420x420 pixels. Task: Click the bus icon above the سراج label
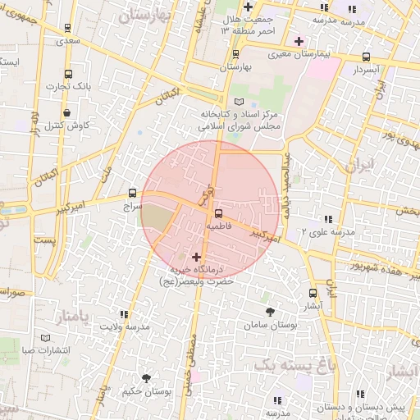pyautogui.click(x=131, y=193)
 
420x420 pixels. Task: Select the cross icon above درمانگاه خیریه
pyautogui.click(x=195, y=257)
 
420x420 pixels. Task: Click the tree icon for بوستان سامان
pyautogui.click(x=270, y=311)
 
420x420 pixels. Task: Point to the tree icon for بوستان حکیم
pyautogui.click(x=146, y=378)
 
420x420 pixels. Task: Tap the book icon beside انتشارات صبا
pyautogui.click(x=44, y=338)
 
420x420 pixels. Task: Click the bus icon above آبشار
pyautogui.click(x=313, y=293)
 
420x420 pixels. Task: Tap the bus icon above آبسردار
pyautogui.click(x=366, y=57)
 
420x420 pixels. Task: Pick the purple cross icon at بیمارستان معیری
pyautogui.click(x=299, y=41)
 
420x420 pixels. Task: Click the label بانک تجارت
pyautogui.click(x=67, y=85)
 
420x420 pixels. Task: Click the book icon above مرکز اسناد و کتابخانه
pyautogui.click(x=239, y=101)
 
